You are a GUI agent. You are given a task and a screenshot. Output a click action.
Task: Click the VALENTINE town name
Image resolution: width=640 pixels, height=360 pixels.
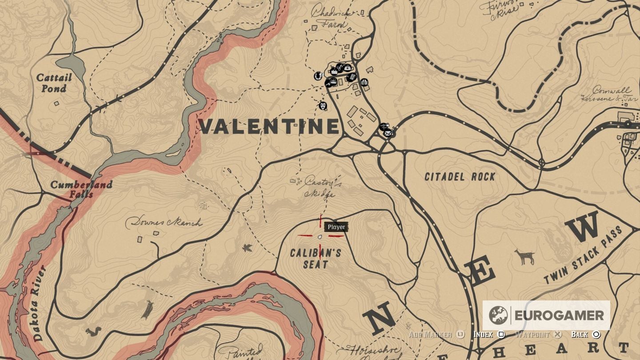coord(269,127)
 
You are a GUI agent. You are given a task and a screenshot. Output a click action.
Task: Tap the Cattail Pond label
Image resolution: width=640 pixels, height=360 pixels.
coord(54,83)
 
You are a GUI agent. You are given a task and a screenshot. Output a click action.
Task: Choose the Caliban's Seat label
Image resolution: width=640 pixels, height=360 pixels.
coord(316,259)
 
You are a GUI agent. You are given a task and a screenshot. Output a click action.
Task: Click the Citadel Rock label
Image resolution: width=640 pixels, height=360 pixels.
coord(460,177)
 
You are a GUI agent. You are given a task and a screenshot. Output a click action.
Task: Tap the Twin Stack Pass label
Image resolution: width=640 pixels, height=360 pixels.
coord(588,256)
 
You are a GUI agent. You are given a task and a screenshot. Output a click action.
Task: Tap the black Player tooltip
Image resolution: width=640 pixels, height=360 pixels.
coord(336,227)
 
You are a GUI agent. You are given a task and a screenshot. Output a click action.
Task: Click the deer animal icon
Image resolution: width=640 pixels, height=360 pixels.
coord(525,256)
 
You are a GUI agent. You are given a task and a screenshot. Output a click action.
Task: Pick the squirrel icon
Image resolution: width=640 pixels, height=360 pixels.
coord(94,332)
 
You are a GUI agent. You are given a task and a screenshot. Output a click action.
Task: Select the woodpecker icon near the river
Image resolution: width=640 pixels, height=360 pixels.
coord(147,309)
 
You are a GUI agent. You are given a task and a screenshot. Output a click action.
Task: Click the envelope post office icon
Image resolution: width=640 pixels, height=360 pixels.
coord(388,132)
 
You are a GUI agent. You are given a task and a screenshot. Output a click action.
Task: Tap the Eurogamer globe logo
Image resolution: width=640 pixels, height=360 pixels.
coord(498,316)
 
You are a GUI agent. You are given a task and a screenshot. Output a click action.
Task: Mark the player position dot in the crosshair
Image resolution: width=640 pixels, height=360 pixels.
coord(320,236)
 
